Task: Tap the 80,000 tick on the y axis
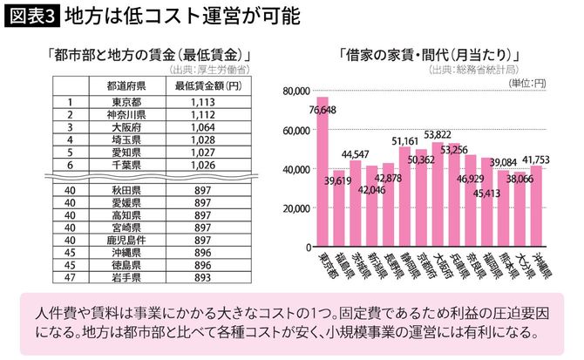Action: coord(296,91)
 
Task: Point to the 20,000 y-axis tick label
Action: coord(296,208)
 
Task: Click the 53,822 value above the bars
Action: coord(437,134)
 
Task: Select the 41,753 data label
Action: coord(533,159)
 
